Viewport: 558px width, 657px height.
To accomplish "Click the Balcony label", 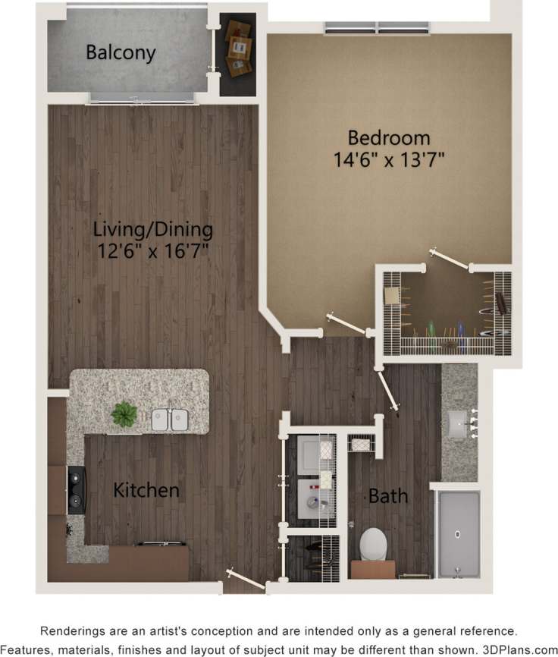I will (x=121, y=53).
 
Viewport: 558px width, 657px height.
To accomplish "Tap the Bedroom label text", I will (x=389, y=138).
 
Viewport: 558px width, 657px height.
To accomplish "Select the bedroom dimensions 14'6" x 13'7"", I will (x=389, y=159).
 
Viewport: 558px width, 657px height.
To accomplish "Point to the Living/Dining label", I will (x=153, y=229).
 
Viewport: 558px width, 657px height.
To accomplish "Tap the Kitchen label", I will (x=146, y=490).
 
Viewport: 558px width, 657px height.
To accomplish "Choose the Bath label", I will (x=388, y=497).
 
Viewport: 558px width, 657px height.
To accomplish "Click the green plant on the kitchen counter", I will (x=124, y=414).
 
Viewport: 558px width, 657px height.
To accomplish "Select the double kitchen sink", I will (x=169, y=420).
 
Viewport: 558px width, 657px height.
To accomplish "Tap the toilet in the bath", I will (x=373, y=543).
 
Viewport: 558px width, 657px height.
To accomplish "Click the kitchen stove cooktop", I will (x=77, y=490).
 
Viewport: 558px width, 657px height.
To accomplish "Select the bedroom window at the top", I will (x=378, y=28).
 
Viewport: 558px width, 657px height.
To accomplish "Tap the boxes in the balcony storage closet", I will (x=237, y=52).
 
